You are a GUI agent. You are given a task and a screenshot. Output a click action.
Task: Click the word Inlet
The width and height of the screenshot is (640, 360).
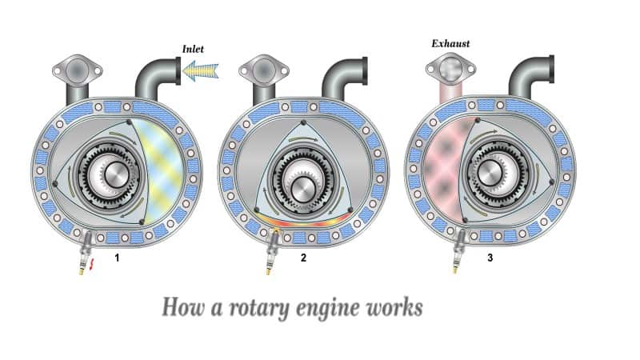(x=193, y=50)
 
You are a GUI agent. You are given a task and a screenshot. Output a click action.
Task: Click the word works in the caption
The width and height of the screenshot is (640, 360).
(x=392, y=307)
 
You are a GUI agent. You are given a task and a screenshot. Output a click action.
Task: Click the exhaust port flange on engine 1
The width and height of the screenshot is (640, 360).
(x=77, y=71)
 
